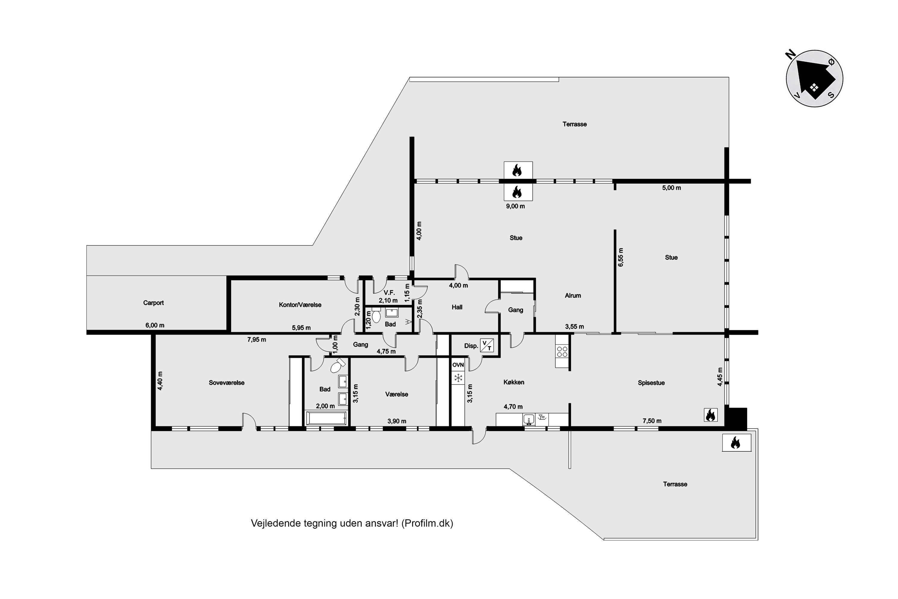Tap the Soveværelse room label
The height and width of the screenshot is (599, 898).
pyautogui.click(x=226, y=383)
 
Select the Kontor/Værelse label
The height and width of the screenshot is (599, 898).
pyautogui.click(x=300, y=305)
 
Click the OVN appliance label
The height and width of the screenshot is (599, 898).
pyautogui.click(x=458, y=365)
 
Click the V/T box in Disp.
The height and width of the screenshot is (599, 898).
pyautogui.click(x=487, y=345)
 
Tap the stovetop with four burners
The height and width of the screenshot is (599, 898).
pyautogui.click(x=562, y=351)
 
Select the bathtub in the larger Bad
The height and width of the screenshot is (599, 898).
pyautogui.click(x=326, y=418)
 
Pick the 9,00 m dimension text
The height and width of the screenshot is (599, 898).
pyautogui.click(x=515, y=206)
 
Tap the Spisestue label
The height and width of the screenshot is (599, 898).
pyautogui.click(x=651, y=383)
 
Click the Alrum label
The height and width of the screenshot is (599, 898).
pyautogui.click(x=573, y=296)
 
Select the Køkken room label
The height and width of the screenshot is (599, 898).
pyautogui.click(x=514, y=382)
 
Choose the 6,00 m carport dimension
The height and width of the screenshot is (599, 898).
pyautogui.click(x=155, y=326)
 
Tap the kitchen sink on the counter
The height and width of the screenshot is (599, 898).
pyautogui.click(x=529, y=420)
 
